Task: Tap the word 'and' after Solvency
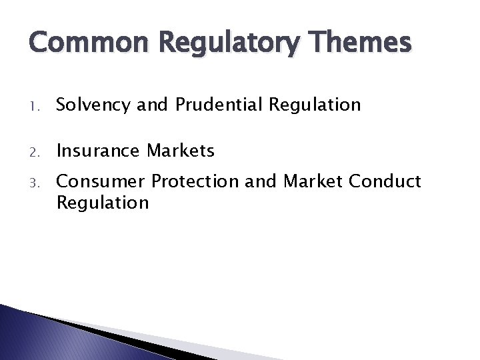pos(152,105)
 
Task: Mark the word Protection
pos(195,181)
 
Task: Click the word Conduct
pos(386,181)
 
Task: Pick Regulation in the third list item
pos(103,202)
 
